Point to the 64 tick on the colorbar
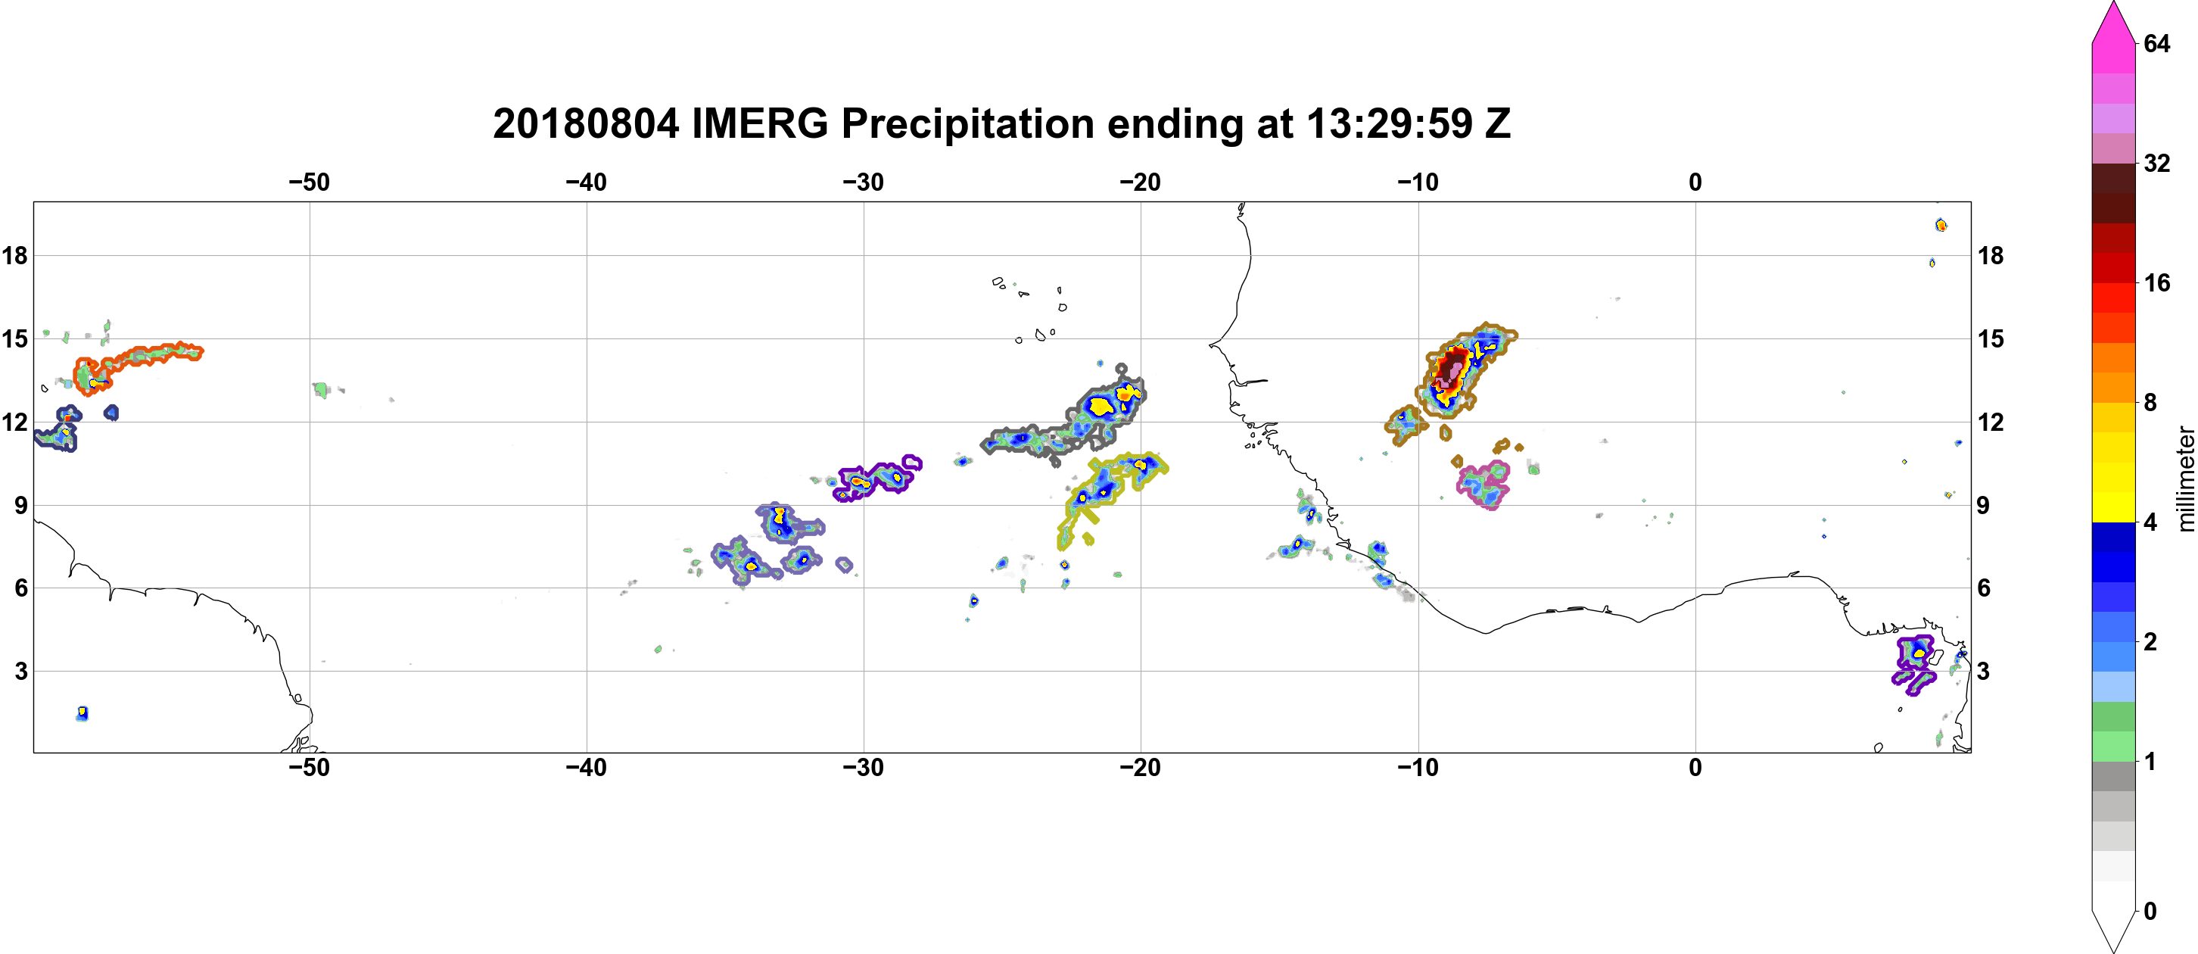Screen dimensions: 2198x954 pyautogui.click(x=2156, y=43)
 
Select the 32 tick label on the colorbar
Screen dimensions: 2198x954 pyautogui.click(x=2156, y=163)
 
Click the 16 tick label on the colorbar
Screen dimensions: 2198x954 pyautogui.click(x=2156, y=282)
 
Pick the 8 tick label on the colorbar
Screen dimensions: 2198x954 pyautogui.click(x=2150, y=402)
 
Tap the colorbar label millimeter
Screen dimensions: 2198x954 pyautogui.click(x=2185, y=479)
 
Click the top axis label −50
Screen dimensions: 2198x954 pyautogui.click(x=309, y=182)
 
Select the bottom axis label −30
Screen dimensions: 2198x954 pyautogui.click(x=864, y=767)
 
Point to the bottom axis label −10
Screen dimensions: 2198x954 pyautogui.click(x=1418, y=767)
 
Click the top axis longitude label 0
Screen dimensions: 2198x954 pyautogui.click(x=1695, y=182)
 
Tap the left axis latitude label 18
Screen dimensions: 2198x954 pyautogui.click(x=14, y=255)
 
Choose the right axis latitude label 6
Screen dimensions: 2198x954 pyautogui.click(x=1984, y=588)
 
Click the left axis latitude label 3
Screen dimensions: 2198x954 pyautogui.click(x=20, y=671)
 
